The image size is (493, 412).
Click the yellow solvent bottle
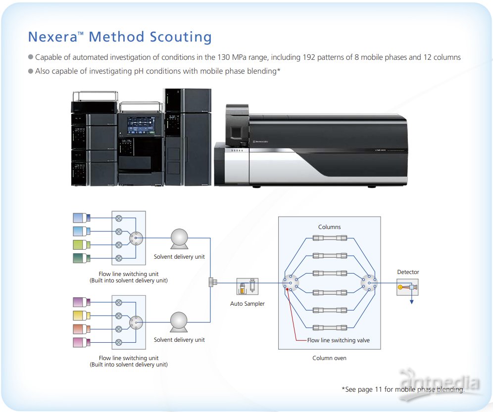[81, 316]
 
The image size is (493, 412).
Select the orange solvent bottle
[81, 329]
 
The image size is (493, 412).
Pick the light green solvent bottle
[81, 244]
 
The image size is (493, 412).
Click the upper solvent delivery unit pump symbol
[179, 239]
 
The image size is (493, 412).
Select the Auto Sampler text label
[247, 304]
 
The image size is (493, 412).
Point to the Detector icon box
[408, 287]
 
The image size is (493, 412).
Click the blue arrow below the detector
[411, 300]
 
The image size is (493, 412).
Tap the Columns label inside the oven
[330, 227]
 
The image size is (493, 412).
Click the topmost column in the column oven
[330, 238]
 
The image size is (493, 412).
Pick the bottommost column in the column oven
[330, 327]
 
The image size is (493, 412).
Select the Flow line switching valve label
[339, 340]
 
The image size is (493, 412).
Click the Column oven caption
[330, 358]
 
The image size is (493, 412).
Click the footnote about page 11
[403, 390]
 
